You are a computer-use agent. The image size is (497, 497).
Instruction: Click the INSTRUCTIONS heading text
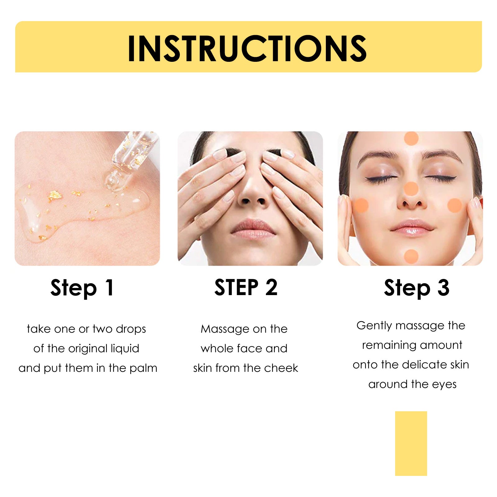247,48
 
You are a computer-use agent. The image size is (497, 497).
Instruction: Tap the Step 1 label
82,288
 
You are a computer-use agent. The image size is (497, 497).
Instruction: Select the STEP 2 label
246,287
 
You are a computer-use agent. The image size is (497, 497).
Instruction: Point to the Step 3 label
417,288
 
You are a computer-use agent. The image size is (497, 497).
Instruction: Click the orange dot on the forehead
411,138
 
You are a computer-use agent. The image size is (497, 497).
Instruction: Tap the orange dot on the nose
411,189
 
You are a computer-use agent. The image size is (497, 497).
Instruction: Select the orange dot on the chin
411,256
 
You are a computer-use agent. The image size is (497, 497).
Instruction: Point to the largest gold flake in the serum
55,195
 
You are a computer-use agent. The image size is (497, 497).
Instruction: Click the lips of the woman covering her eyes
253,229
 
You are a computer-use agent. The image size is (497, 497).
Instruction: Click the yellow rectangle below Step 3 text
411,443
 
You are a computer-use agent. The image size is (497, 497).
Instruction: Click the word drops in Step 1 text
131,329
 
